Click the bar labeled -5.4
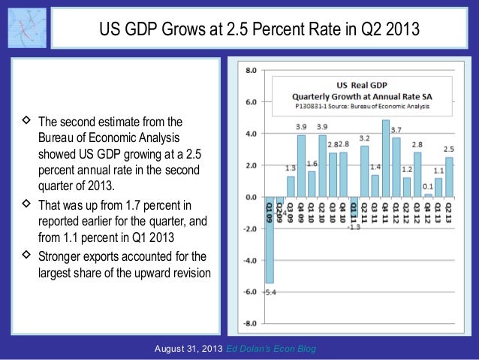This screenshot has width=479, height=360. pos(270,240)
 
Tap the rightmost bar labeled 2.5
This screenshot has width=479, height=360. pos(449,177)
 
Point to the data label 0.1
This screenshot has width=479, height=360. pos(428,186)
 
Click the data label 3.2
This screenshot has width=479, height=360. pos(365,138)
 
